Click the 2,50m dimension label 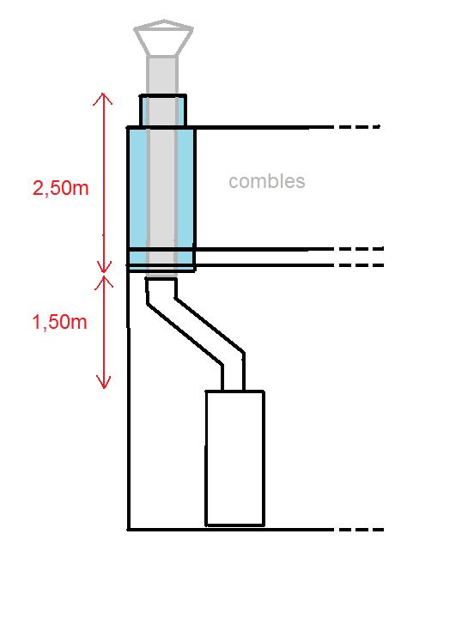[x=61, y=188]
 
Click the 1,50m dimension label [x=59, y=322]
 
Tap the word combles [x=267, y=181]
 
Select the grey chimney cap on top [x=163, y=38]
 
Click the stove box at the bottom [x=235, y=458]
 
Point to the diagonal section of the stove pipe [x=195, y=330]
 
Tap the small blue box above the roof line [x=163, y=111]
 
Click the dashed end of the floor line [x=362, y=530]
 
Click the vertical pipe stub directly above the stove [x=234, y=377]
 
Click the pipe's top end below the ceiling [x=161, y=280]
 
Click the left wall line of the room [x=128, y=398]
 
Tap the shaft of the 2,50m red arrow [x=104, y=183]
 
